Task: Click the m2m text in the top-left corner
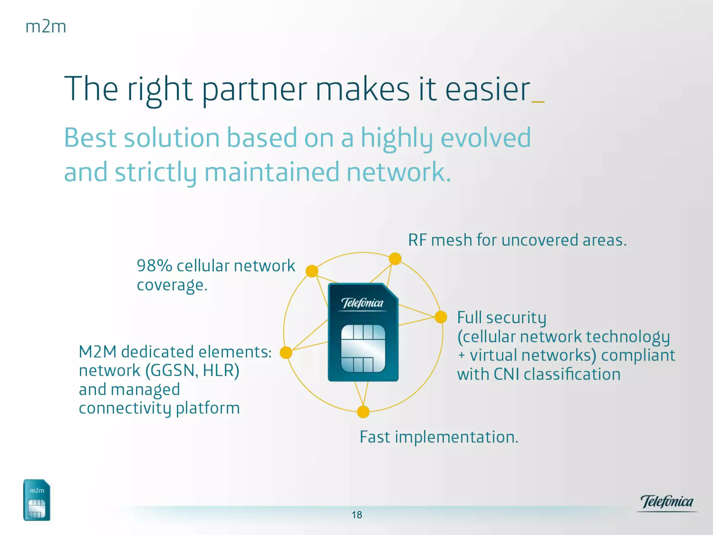pos(46,27)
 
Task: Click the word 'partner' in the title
pos(254,90)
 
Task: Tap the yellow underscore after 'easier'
pos(538,102)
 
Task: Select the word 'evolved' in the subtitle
pos(486,138)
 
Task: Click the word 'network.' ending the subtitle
pos(399,172)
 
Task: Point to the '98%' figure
pos(154,265)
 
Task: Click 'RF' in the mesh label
pos(417,240)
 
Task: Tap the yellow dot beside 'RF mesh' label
pos(395,259)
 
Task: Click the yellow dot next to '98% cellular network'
pos(312,271)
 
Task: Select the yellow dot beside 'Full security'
pos(441,317)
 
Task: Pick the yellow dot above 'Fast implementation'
pos(363,412)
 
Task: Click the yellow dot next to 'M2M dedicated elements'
pos(286,352)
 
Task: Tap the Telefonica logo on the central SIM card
pos(362,303)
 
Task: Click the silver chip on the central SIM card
pos(363,349)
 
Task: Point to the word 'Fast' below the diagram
pos(375,437)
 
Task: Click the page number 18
pos(357,515)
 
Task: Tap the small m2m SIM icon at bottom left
pos(37,500)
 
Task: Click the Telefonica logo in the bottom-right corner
pos(667,503)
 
